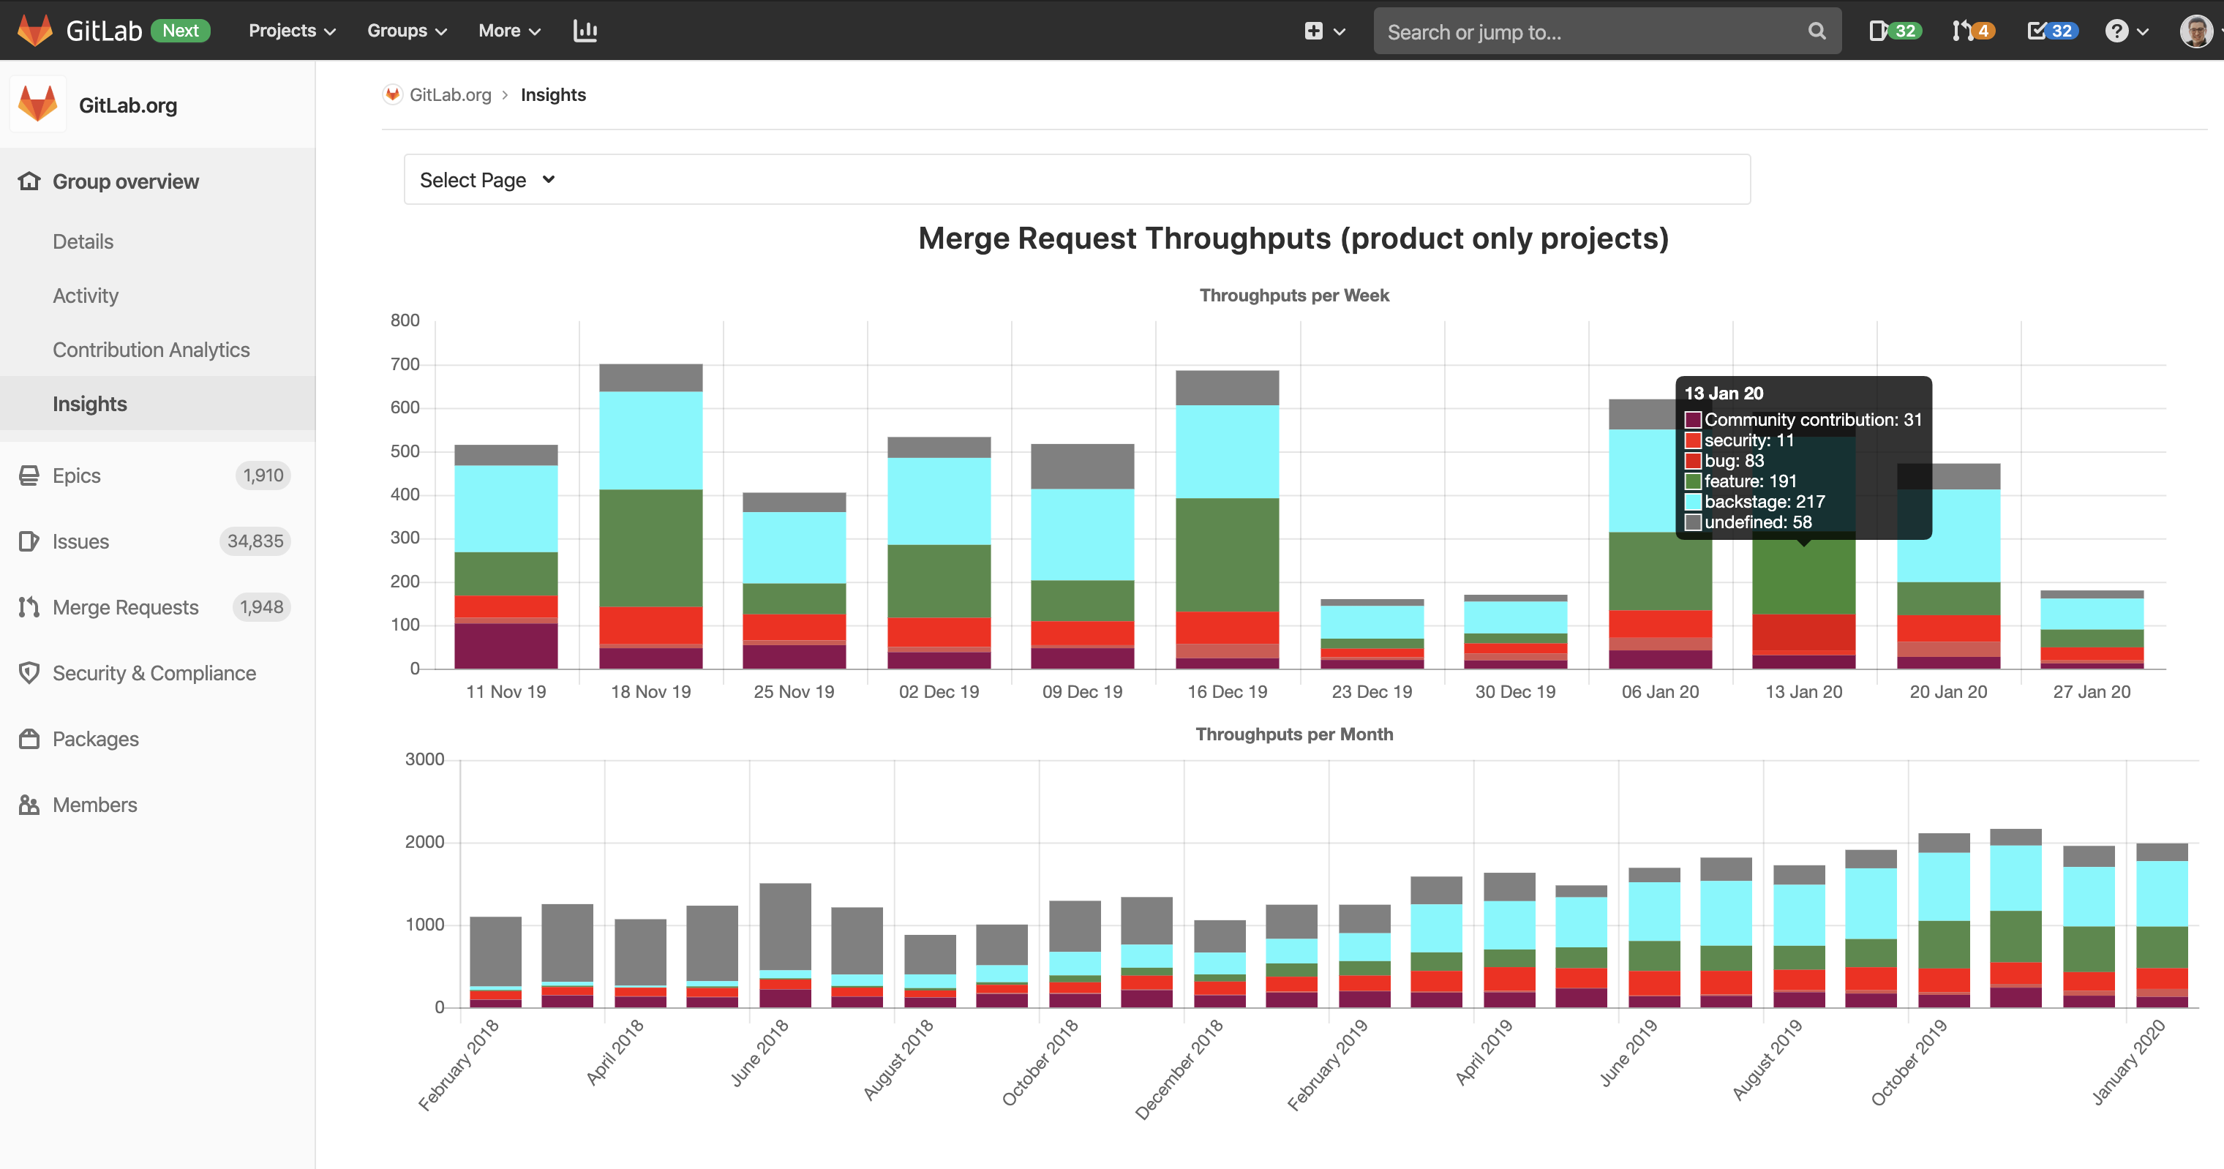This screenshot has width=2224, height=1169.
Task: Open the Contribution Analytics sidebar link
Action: [151, 350]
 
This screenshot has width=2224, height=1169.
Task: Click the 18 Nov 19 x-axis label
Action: [651, 691]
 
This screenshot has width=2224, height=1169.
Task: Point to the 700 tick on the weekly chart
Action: [405, 364]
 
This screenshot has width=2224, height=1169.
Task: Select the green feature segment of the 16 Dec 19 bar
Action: [1227, 555]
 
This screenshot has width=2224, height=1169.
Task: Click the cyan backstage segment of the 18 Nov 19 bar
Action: [651, 441]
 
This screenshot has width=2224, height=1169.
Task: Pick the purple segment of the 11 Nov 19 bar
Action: [506, 646]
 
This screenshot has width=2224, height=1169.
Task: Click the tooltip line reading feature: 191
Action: [1750, 481]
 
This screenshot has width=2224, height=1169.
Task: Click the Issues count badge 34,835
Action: [255, 541]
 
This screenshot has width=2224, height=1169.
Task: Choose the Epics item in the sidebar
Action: [77, 476]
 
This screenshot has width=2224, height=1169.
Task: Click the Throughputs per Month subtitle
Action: [1294, 734]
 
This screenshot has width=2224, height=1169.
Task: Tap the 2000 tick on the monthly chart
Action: [425, 842]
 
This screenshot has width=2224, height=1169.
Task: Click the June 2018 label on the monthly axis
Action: [760, 1053]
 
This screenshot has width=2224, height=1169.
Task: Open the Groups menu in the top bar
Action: [407, 31]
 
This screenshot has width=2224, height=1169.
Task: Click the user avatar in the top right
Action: [2195, 31]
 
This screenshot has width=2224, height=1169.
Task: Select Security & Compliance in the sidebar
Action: [154, 674]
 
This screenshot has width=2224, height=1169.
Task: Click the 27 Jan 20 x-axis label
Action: [2091, 691]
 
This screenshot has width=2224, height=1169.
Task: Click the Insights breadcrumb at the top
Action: [553, 95]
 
